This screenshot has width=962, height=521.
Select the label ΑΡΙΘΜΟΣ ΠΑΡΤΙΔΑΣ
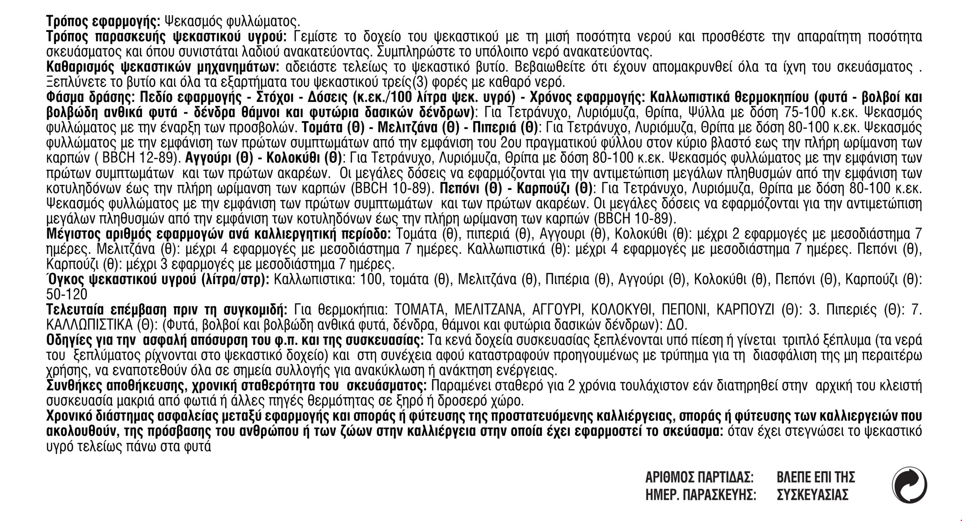[x=699, y=478]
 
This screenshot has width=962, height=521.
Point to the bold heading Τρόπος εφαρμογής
[x=103, y=21]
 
